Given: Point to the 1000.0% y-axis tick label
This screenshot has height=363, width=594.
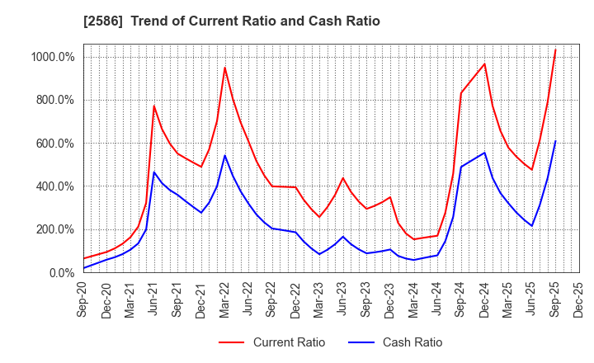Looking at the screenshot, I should click(x=54, y=57).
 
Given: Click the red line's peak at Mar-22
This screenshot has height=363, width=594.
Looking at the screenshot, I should click(x=224, y=68).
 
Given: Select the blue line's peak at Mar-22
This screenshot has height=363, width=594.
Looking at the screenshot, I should click(x=224, y=155).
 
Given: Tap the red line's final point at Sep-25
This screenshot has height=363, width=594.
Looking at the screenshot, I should click(x=555, y=49).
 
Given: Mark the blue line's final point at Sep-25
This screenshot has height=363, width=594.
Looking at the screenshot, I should click(x=555, y=141).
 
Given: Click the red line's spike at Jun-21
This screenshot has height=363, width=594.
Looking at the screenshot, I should click(x=153, y=106).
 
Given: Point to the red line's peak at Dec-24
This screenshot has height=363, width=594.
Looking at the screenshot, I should click(x=484, y=64).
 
